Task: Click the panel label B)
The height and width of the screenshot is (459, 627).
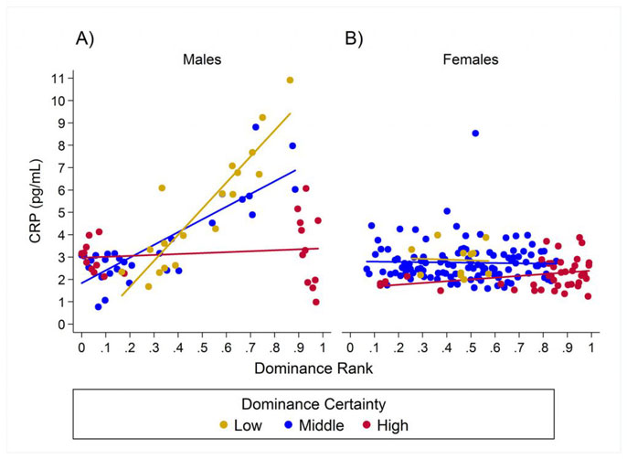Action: click(353, 39)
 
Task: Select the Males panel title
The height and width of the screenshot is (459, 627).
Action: click(202, 60)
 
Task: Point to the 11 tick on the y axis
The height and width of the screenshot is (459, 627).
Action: click(60, 78)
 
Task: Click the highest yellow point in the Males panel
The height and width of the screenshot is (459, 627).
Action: click(290, 80)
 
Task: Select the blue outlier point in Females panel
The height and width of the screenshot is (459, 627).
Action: click(475, 133)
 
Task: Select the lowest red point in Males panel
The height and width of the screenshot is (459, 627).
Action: click(316, 302)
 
